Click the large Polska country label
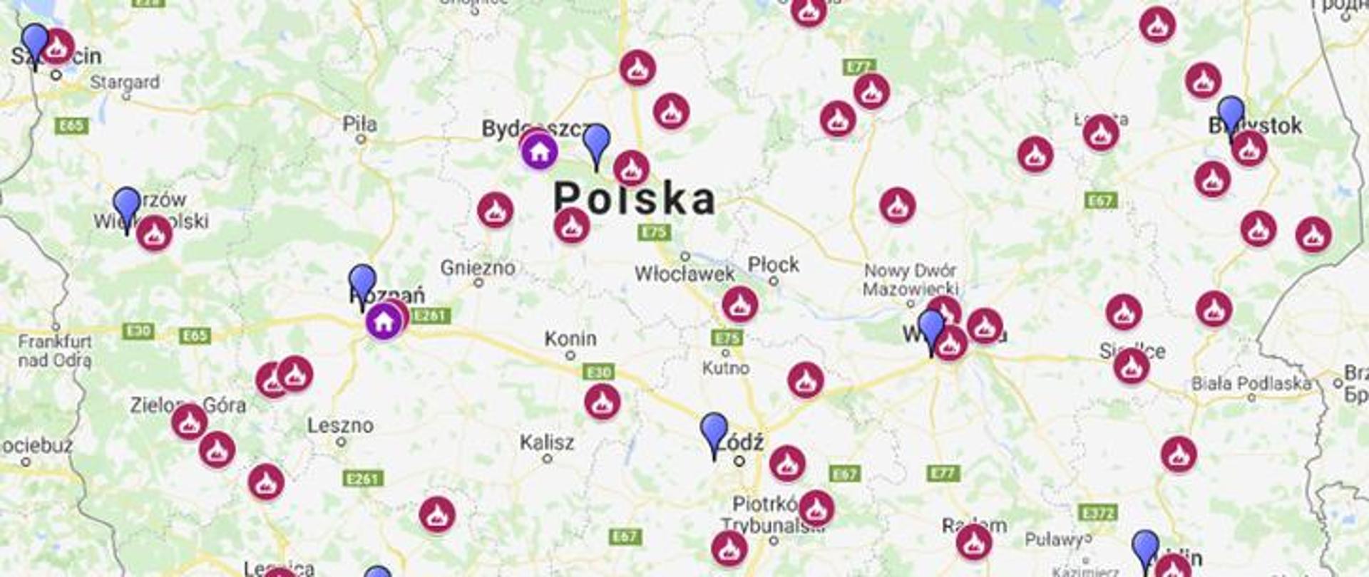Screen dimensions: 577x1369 [x=634, y=198]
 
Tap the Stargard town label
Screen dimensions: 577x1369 [x=125, y=82]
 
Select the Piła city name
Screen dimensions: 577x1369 [x=359, y=124]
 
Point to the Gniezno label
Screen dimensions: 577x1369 [x=478, y=268]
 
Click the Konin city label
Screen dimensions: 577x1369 [x=570, y=338]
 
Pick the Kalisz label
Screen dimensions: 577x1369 [x=547, y=442]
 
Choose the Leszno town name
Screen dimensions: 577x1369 [x=340, y=425]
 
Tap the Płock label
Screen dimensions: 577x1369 [x=773, y=265]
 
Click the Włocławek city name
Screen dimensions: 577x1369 [x=684, y=274]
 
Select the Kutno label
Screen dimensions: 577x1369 [x=726, y=368]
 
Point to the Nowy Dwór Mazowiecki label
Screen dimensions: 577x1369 [x=911, y=280]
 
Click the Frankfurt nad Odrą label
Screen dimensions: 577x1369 [x=55, y=350]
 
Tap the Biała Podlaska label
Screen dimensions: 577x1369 [x=1251, y=383]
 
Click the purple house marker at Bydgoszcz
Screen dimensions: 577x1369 [x=539, y=151]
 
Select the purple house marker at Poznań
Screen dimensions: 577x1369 [x=384, y=321]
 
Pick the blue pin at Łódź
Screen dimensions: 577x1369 [x=714, y=430]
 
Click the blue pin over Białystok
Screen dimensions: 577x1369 [x=1231, y=113]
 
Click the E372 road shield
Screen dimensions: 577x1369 [x=1097, y=513]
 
